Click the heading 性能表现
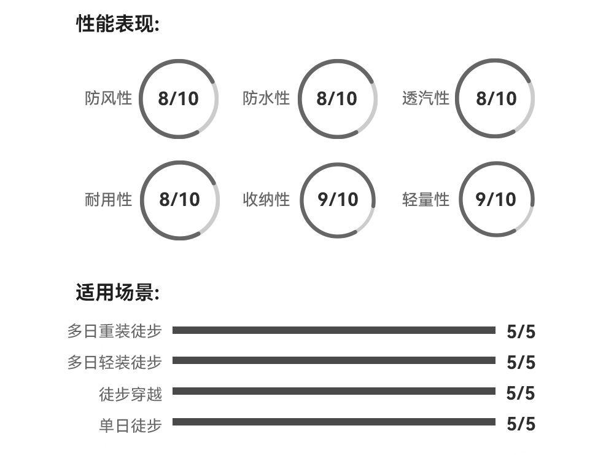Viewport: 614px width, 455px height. [117, 25]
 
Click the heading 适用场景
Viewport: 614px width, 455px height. [117, 292]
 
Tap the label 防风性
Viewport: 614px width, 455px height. [109, 98]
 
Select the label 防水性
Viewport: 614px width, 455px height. [266, 98]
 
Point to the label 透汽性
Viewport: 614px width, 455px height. [426, 98]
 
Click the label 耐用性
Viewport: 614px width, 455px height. [109, 200]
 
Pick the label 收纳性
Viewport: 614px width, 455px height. [266, 200]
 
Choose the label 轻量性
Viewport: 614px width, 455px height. [426, 200]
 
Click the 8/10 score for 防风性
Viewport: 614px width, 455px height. [179, 99]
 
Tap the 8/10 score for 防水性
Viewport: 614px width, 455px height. [336, 99]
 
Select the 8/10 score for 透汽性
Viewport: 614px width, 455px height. [496, 99]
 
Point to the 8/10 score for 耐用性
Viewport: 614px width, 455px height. [179, 200]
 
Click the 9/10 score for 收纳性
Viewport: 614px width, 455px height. [338, 200]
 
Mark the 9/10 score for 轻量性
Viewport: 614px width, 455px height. [496, 200]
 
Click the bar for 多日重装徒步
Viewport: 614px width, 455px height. [333, 330]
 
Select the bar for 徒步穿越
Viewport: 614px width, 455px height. [333, 391]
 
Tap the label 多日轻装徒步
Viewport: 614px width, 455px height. [115, 362]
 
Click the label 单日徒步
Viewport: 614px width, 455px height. [131, 425]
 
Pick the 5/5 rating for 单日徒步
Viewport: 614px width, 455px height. [521, 424]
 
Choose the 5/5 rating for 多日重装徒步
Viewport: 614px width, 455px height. [521, 332]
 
